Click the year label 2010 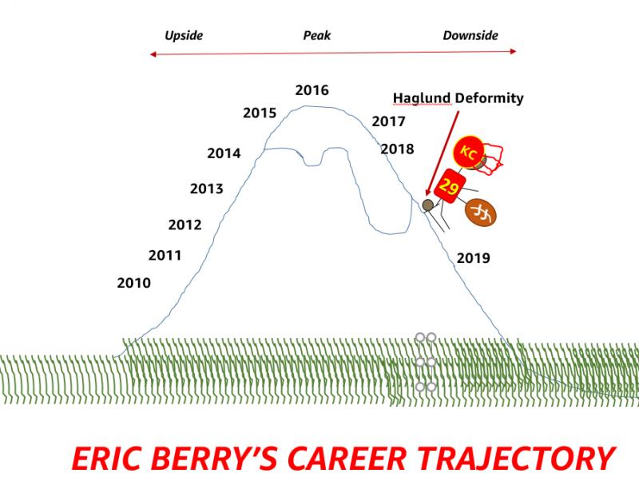point(133,283)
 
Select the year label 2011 point(165,256)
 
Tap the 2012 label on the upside point(185,225)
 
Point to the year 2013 point(207,189)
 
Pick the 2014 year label point(224,153)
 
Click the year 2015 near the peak point(260,113)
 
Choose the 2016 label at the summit point(312,90)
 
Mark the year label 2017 point(388,121)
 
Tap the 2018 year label point(397,149)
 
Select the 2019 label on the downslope point(473,258)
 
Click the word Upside point(184,36)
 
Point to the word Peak point(316,36)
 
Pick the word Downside point(470,35)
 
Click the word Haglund point(422,98)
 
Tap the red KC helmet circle point(468,152)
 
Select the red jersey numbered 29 point(450,186)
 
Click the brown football point(481,213)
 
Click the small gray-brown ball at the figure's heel point(427,205)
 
